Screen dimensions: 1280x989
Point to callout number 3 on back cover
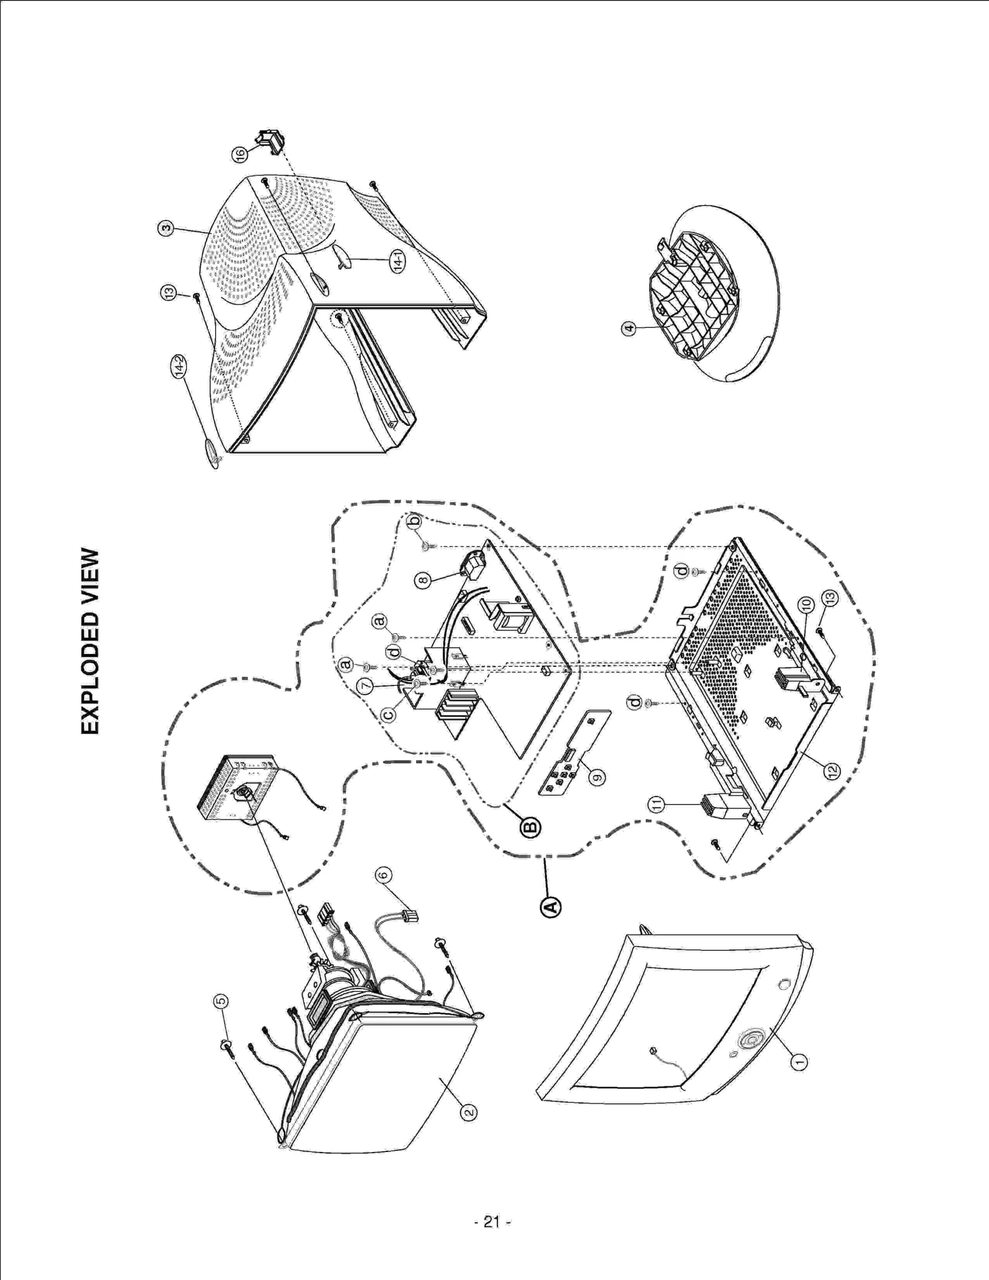click(165, 228)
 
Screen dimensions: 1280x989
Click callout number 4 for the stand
click(628, 328)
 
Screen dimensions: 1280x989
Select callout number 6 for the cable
click(383, 875)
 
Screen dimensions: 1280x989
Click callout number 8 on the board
click(423, 580)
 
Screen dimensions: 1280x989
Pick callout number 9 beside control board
click(596, 777)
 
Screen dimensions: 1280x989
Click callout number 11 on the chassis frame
click(656, 803)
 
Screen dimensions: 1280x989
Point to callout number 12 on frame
click(832, 770)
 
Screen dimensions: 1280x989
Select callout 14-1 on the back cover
click(398, 261)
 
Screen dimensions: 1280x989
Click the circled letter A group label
click(551, 906)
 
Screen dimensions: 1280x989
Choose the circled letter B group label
click(530, 827)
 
